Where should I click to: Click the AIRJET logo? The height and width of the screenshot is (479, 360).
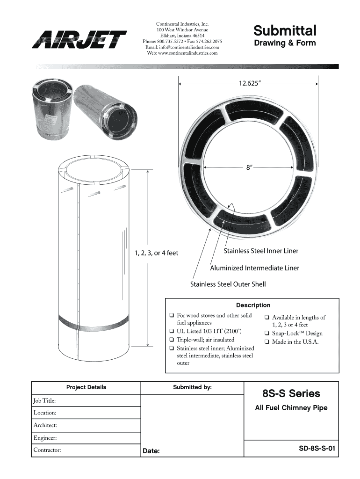[79, 39]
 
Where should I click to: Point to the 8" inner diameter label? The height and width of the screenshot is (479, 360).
[250, 167]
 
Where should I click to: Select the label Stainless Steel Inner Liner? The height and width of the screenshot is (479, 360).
[261, 251]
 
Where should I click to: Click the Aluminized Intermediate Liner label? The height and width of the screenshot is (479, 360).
[254, 268]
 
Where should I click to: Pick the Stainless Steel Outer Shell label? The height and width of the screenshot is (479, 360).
[228, 284]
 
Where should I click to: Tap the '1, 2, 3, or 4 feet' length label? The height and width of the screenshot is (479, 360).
[156, 253]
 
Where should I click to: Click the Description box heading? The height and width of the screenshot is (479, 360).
[253, 305]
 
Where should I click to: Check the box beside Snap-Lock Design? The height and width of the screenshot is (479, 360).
[266, 333]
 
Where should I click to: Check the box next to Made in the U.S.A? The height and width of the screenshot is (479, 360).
[266, 342]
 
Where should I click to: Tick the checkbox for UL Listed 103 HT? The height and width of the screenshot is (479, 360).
[171, 331]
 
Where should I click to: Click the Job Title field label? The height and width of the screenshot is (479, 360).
[44, 401]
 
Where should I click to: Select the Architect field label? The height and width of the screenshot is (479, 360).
[45, 425]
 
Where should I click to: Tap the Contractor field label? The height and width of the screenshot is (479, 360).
[47, 450]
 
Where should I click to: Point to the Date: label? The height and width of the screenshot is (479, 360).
[151, 451]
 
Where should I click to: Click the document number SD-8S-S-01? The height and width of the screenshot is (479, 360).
[317, 449]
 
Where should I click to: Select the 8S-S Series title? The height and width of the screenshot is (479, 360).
[291, 393]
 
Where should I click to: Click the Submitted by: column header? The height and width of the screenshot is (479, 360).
[192, 387]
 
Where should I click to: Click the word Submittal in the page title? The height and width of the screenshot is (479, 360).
[285, 30]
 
